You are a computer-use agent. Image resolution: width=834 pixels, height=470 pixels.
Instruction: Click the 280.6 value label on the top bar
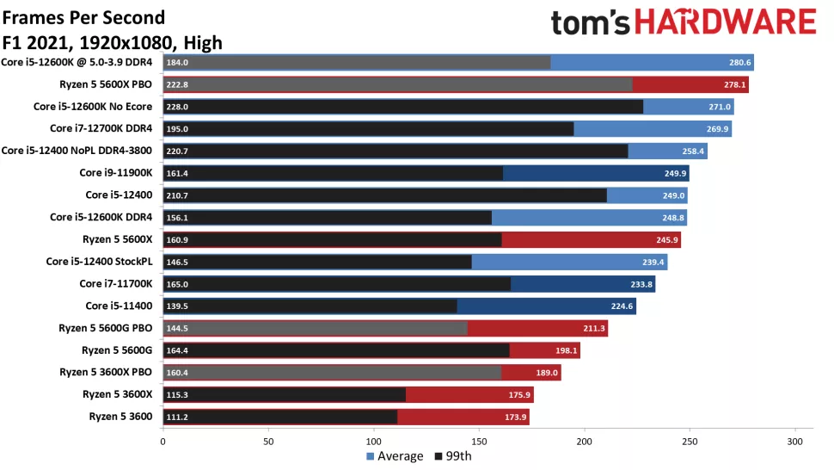(x=740, y=62)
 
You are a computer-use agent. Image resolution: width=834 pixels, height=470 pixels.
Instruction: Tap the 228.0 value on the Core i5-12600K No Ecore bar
(x=178, y=107)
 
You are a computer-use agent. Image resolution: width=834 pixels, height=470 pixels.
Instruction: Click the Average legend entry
(x=396, y=456)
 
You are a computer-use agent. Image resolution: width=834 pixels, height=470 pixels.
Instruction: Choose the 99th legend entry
(x=454, y=456)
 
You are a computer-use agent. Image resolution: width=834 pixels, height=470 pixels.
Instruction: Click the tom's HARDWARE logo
(x=683, y=22)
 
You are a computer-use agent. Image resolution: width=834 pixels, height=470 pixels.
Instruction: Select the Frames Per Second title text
(x=84, y=17)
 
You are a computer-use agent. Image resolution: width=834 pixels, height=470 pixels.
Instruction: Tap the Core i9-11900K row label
(x=115, y=173)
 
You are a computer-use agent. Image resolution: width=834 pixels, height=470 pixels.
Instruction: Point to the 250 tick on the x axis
(x=689, y=442)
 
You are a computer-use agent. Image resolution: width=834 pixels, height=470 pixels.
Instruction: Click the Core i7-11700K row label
(x=115, y=284)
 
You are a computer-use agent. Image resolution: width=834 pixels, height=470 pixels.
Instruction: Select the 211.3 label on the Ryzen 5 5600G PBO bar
(x=594, y=328)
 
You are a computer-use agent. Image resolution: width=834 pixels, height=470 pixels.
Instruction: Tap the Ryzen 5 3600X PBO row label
(x=106, y=373)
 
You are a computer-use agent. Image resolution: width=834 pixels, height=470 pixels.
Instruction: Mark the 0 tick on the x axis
(x=163, y=442)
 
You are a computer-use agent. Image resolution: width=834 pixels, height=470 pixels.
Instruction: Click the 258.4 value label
(x=693, y=152)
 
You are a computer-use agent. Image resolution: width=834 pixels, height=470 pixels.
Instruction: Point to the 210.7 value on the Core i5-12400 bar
(x=178, y=195)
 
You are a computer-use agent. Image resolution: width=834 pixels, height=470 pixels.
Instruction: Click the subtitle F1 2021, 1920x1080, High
(x=112, y=42)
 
